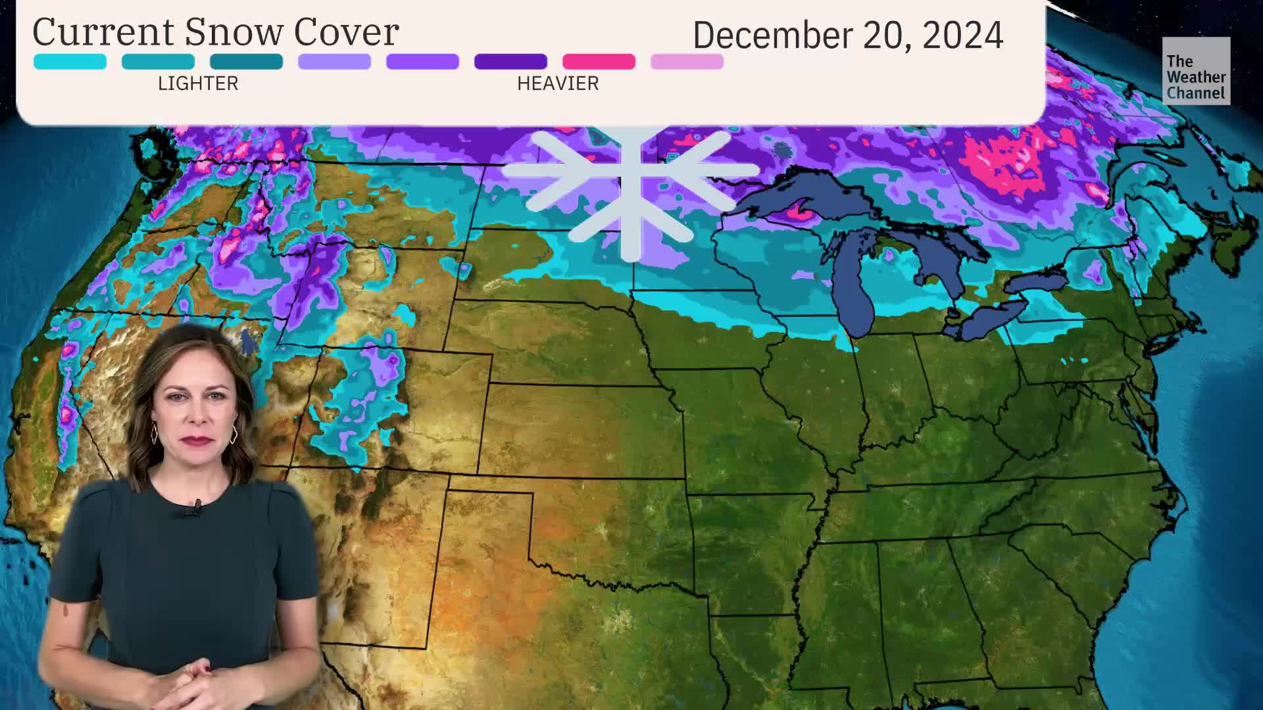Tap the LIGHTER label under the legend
198,83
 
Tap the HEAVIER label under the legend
558,83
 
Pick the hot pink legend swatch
599,62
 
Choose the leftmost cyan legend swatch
70,62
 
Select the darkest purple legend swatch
510,62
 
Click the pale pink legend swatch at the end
687,62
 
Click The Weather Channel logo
1196,71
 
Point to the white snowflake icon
630,191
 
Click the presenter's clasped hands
191,677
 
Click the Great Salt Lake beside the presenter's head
248,343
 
